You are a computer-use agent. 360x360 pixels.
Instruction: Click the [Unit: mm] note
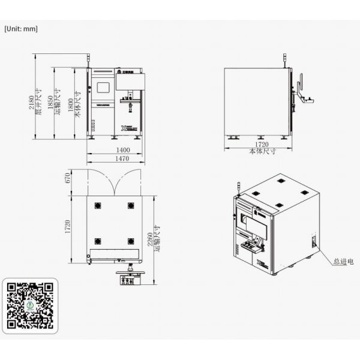click(x=21, y=28)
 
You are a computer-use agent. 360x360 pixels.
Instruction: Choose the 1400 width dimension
click(x=122, y=149)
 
